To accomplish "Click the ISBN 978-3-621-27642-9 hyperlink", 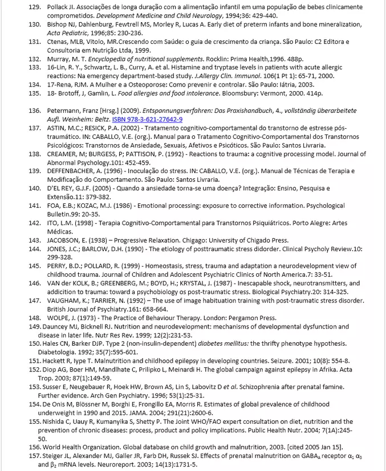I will pyautogui.click(x=147, y=119).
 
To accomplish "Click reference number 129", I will pyautogui.click(x=34, y=7).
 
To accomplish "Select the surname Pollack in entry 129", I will pyautogui.click(x=58, y=7).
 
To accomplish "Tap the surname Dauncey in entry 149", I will pyautogui.click(x=56, y=326).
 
